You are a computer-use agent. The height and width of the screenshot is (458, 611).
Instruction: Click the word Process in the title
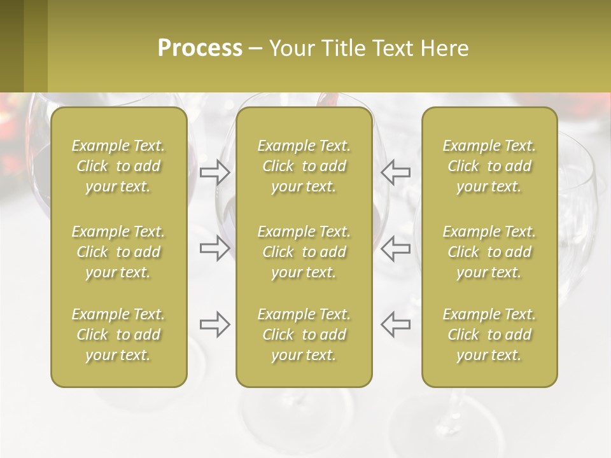pyautogui.click(x=200, y=48)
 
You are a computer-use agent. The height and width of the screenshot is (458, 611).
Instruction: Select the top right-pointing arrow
pyautogui.click(x=215, y=172)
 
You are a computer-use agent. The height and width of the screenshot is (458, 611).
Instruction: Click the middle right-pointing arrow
pyautogui.click(x=215, y=248)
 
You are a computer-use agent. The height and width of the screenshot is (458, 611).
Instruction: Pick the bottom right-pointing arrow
pyautogui.click(x=215, y=324)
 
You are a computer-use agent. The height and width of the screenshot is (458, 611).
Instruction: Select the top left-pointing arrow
pyautogui.click(x=395, y=172)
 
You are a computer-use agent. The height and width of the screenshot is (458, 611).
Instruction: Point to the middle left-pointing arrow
pyautogui.click(x=395, y=248)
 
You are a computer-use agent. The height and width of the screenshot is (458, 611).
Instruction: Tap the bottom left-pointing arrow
pyautogui.click(x=395, y=324)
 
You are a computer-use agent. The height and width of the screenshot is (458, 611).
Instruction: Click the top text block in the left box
pyautogui.click(x=118, y=166)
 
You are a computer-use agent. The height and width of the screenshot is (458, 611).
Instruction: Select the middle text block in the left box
pyautogui.click(x=118, y=252)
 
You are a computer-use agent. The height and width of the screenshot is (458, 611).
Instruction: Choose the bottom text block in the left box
pyautogui.click(x=118, y=335)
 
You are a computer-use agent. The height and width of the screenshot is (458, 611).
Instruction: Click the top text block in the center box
pyautogui.click(x=304, y=166)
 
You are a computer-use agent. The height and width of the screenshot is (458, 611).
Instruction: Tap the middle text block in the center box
pyautogui.click(x=304, y=252)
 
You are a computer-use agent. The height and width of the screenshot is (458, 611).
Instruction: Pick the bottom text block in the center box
pyautogui.click(x=304, y=335)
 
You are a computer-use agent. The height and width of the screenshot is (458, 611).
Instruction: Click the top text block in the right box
pyautogui.click(x=489, y=166)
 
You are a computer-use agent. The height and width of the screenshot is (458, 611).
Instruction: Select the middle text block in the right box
pyautogui.click(x=489, y=252)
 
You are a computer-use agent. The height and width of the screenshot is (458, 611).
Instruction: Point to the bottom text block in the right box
pyautogui.click(x=489, y=335)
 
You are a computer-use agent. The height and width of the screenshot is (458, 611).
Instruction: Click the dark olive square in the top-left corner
pyautogui.click(x=11, y=46)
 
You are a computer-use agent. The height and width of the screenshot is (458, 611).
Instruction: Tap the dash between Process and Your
pyautogui.click(x=255, y=49)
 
